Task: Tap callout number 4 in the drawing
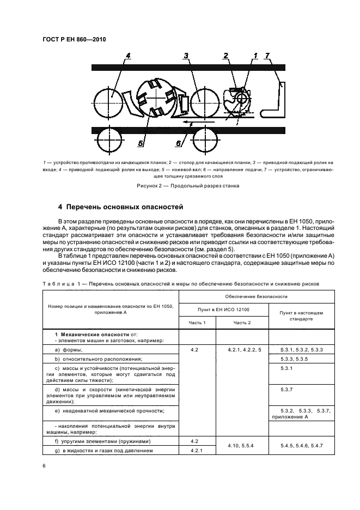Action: (128, 56)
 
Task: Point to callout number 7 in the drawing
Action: (267, 56)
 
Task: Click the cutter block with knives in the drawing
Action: (156, 98)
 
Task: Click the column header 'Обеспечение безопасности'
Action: (256, 296)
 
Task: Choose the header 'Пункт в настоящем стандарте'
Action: (301, 316)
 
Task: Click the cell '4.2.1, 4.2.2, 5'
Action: (242, 349)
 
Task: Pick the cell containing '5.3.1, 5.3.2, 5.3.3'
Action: (301, 349)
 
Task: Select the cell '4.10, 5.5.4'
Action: (242, 446)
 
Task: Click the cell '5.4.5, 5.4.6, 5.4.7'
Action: (301, 446)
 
